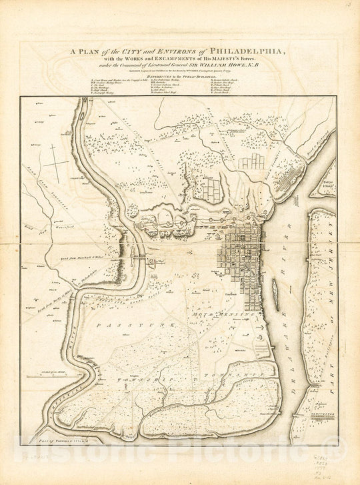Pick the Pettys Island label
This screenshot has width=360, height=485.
[327, 183]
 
